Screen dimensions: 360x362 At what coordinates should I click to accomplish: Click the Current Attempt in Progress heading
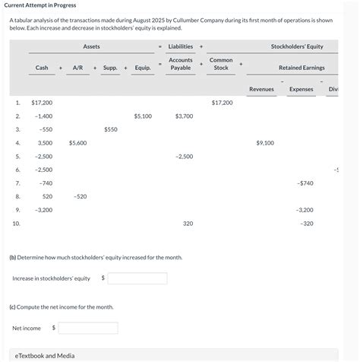click(x=39, y=5)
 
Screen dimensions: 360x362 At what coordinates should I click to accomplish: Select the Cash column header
click(x=42, y=68)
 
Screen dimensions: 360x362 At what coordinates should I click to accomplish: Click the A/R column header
click(x=77, y=68)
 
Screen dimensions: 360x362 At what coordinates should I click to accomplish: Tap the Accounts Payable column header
click(x=181, y=64)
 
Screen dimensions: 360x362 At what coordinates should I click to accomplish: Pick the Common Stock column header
click(x=221, y=64)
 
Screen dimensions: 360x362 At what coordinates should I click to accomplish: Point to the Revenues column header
click(x=261, y=89)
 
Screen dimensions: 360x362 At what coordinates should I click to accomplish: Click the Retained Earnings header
click(x=302, y=68)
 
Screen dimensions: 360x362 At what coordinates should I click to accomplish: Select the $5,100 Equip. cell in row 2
click(x=143, y=116)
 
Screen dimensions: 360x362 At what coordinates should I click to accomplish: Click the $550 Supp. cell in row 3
click(x=111, y=129)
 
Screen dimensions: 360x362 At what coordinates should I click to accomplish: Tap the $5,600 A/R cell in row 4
click(x=77, y=142)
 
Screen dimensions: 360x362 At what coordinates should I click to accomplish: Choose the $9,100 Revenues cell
click(x=265, y=142)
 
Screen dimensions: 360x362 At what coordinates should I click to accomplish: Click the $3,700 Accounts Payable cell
click(x=184, y=116)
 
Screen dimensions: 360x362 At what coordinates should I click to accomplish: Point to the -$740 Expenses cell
click(x=305, y=183)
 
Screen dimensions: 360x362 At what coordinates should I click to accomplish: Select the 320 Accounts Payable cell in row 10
click(x=188, y=224)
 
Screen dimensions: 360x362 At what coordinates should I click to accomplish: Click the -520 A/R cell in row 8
click(x=80, y=196)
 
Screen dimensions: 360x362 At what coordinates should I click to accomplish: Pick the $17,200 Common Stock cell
click(x=223, y=102)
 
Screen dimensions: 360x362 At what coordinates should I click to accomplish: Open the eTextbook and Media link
click(x=46, y=355)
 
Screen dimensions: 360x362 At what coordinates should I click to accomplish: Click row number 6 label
click(x=17, y=169)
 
